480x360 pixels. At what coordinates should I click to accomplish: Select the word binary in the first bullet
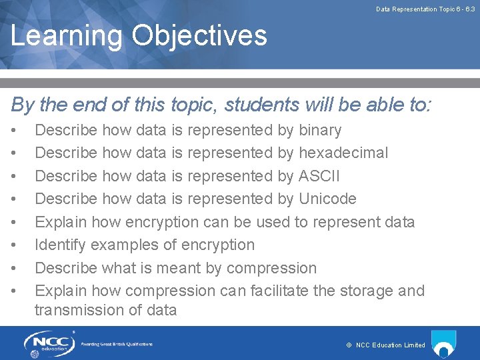pyautogui.click(x=320, y=130)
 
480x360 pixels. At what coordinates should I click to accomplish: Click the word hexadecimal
pyautogui.click(x=343, y=153)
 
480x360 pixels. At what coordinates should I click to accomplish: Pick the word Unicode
pyautogui.click(x=327, y=199)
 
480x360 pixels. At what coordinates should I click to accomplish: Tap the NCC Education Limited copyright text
pyautogui.click(x=386, y=345)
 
